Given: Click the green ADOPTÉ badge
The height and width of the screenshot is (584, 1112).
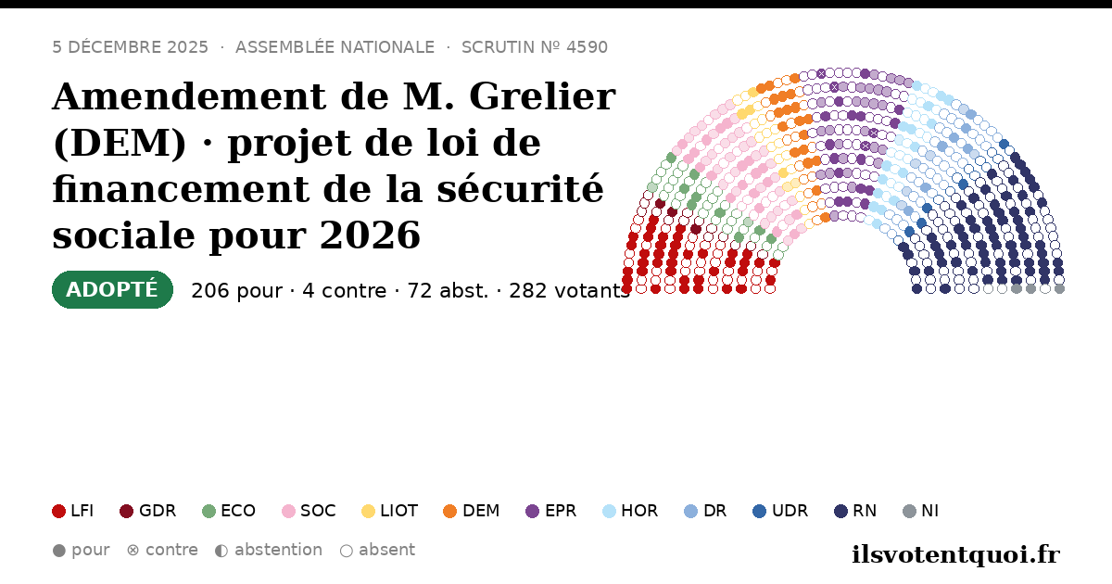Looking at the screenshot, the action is click(x=112, y=289).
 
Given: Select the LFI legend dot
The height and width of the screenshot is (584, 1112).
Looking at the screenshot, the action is click(x=58, y=511).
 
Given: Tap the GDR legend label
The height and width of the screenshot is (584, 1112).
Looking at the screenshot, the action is click(x=158, y=511).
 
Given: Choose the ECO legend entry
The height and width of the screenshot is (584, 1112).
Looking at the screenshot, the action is click(x=229, y=511).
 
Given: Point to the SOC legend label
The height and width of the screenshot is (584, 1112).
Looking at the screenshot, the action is click(x=318, y=511).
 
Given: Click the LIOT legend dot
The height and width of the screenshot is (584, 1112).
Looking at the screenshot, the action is click(x=368, y=511).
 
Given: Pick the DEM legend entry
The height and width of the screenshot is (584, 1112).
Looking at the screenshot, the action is click(x=471, y=511).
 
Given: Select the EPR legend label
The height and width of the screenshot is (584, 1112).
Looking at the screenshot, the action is click(x=561, y=511).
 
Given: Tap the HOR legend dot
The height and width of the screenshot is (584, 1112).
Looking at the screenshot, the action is click(x=609, y=511).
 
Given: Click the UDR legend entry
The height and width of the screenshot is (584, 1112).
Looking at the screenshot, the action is click(x=780, y=511).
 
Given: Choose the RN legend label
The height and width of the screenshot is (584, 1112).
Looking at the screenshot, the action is click(x=865, y=511).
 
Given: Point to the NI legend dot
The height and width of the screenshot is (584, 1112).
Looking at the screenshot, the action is click(x=909, y=511).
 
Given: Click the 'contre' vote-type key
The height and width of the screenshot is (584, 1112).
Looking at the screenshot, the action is click(x=162, y=551).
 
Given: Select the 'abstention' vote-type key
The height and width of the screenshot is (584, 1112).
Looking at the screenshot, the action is click(x=269, y=551).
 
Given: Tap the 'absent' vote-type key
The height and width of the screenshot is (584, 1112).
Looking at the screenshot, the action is click(x=377, y=551).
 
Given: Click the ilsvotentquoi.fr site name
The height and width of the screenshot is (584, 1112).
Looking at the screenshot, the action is click(x=955, y=554).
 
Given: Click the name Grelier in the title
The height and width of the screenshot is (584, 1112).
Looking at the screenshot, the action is click(x=542, y=96).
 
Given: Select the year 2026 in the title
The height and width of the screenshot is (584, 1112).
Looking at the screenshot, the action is click(x=370, y=235).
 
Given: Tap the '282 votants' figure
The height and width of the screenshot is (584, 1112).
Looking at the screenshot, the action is click(x=569, y=290).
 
